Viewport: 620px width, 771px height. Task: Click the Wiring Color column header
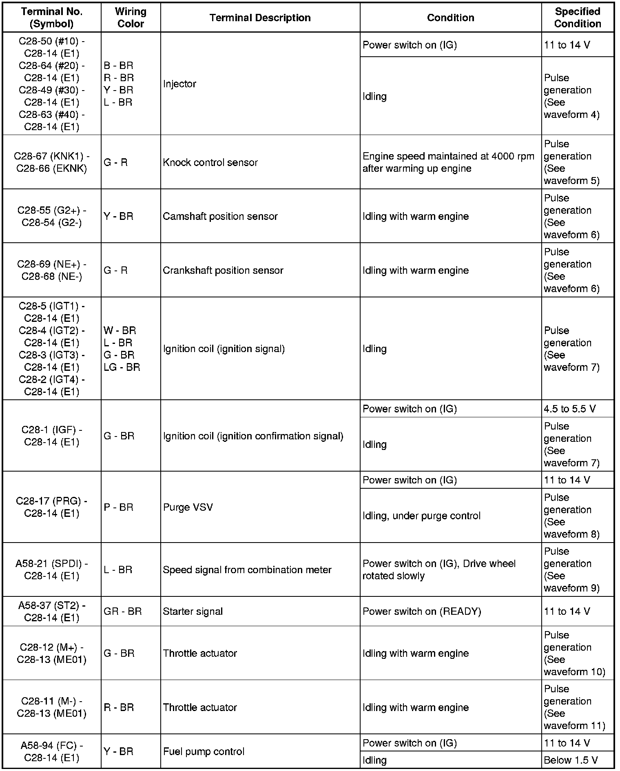[x=131, y=18]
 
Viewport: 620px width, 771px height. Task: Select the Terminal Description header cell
[x=260, y=18]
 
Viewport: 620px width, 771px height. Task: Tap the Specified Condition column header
[x=577, y=18]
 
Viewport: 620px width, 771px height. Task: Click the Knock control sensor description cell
[x=210, y=162]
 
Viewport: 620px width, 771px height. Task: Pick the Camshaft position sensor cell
[x=220, y=216]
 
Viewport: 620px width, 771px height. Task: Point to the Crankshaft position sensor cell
[x=223, y=270]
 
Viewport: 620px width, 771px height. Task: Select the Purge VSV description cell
[x=188, y=507]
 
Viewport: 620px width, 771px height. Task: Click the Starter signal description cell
[x=193, y=611]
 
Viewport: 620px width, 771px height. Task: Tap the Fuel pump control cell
[x=204, y=751]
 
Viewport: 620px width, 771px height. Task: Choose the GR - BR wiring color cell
[x=122, y=611]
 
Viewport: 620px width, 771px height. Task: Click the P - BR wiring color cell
[x=119, y=507]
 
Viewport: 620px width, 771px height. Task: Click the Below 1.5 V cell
[x=571, y=760]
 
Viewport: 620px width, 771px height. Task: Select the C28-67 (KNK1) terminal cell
[x=52, y=162]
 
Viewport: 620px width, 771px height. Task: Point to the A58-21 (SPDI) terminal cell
[x=52, y=569]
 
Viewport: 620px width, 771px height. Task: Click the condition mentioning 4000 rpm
[x=448, y=162]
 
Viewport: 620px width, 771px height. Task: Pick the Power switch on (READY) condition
[x=422, y=611]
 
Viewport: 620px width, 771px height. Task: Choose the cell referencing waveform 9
[x=571, y=569]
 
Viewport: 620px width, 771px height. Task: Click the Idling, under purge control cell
[x=421, y=516]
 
